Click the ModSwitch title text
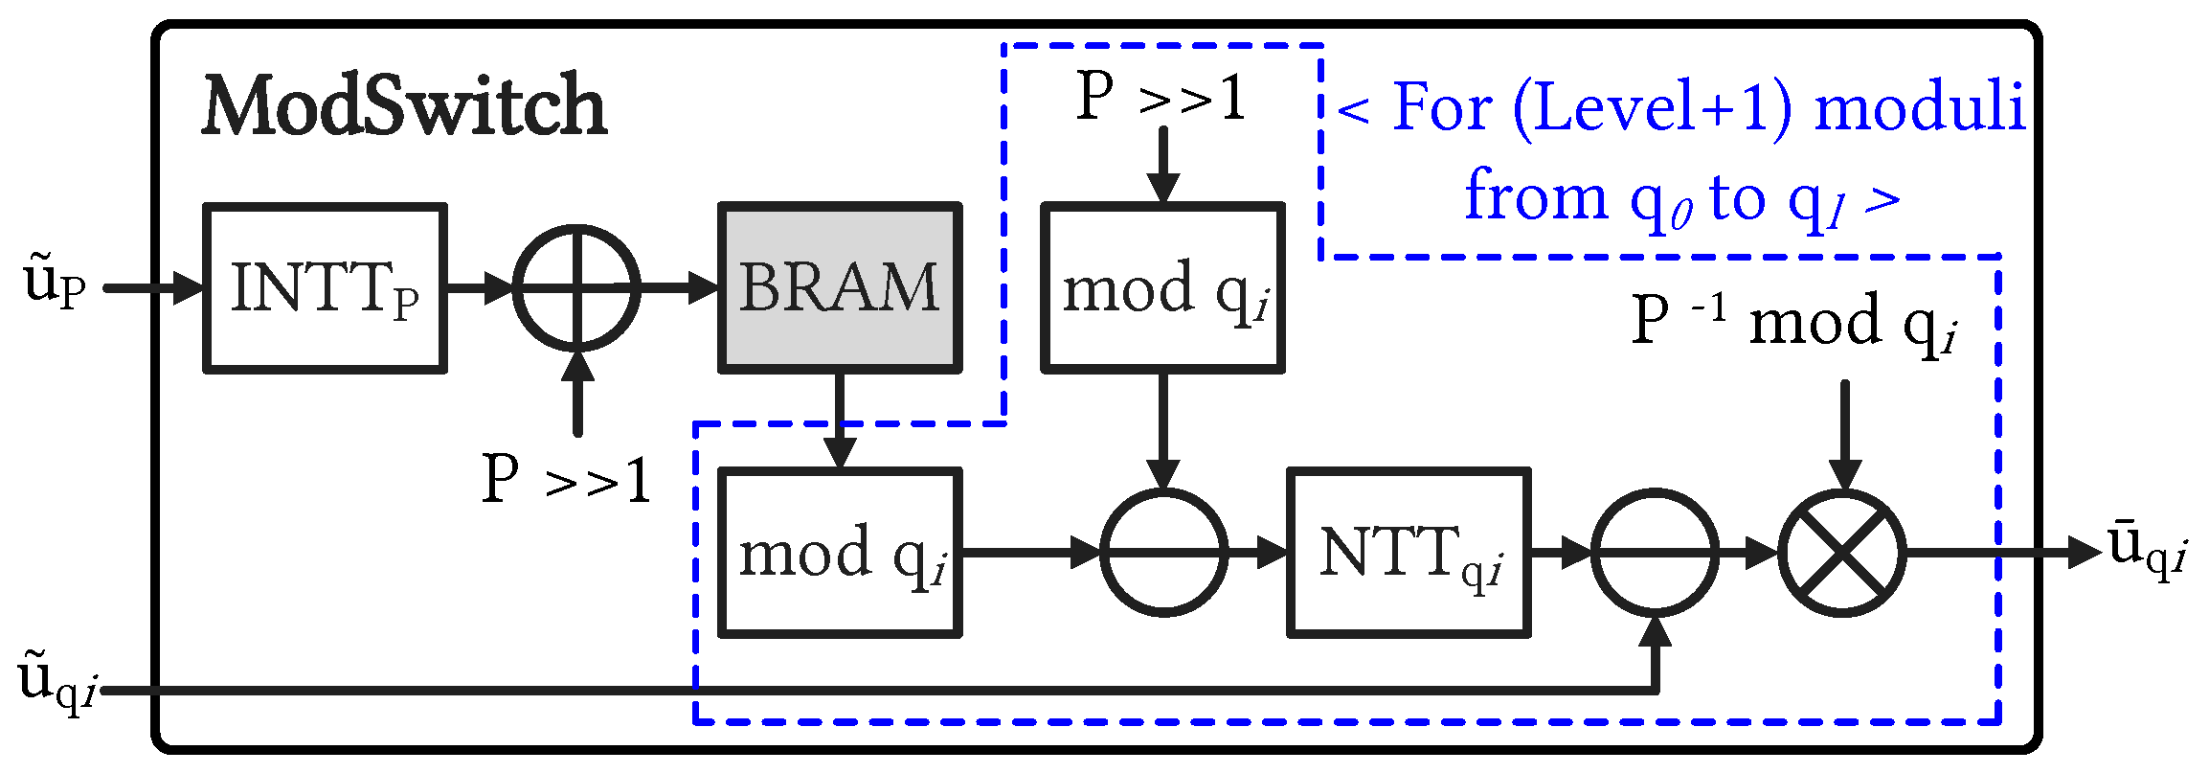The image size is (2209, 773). [404, 105]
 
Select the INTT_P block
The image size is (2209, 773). [326, 287]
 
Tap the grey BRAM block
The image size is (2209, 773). [840, 287]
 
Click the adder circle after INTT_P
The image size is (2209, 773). [576, 287]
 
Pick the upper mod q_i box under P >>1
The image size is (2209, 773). [1163, 287]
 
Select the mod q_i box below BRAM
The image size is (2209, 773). [840, 553]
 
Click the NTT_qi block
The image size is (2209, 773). [1409, 553]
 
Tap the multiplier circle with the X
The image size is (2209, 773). [1842, 553]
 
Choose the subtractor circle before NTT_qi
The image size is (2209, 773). [1163, 553]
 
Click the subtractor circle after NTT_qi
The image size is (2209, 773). [1656, 553]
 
